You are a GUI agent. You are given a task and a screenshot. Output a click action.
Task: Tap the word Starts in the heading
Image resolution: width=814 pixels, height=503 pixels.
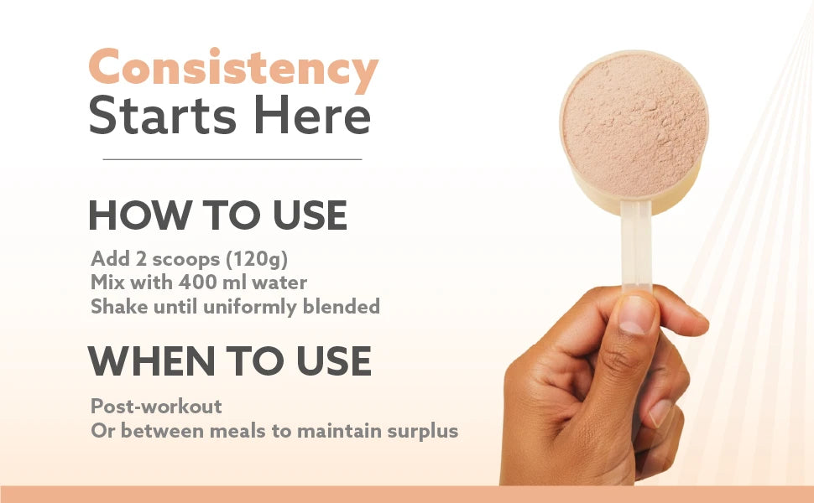click(x=163, y=115)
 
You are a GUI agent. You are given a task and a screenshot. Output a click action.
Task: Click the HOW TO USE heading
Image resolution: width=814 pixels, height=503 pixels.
click(x=218, y=215)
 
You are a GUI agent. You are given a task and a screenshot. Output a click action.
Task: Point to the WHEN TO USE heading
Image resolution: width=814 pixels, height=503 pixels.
click(x=229, y=361)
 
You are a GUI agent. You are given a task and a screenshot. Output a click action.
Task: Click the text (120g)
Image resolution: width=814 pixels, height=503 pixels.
click(x=257, y=259)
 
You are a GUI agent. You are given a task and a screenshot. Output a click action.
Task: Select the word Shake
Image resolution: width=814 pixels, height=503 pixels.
click(x=119, y=307)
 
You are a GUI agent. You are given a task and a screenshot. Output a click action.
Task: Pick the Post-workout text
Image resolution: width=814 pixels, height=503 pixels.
click(x=156, y=407)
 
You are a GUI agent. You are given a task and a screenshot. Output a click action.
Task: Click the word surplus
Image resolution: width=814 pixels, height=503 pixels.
click(x=423, y=432)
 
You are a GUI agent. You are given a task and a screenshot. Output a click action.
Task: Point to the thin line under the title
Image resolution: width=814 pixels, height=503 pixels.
click(x=232, y=160)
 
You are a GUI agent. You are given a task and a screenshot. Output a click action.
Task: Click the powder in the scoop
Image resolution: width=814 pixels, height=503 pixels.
click(x=634, y=124)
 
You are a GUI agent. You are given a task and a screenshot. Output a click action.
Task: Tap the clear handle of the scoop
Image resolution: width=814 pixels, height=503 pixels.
click(x=636, y=244)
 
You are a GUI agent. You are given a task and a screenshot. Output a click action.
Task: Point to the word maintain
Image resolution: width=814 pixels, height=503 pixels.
click(x=340, y=431)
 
